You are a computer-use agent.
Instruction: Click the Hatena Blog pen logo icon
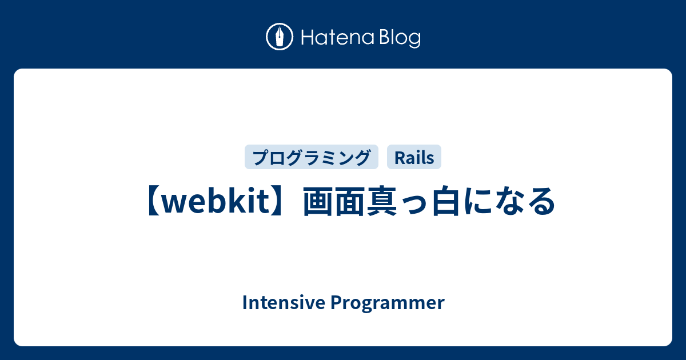pyautogui.click(x=280, y=37)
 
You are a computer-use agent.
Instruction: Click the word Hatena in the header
pyautogui.click(x=338, y=37)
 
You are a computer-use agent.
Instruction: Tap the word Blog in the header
pyautogui.click(x=400, y=38)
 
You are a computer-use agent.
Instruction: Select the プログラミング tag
pyautogui.click(x=312, y=157)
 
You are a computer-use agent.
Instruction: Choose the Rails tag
pyautogui.click(x=414, y=157)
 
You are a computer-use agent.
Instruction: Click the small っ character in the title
pyautogui.click(x=414, y=205)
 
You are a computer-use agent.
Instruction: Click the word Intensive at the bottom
pyautogui.click(x=284, y=302)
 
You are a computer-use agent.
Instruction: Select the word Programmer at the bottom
pyautogui.click(x=388, y=303)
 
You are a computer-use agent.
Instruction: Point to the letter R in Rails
pyautogui.click(x=400, y=158)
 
